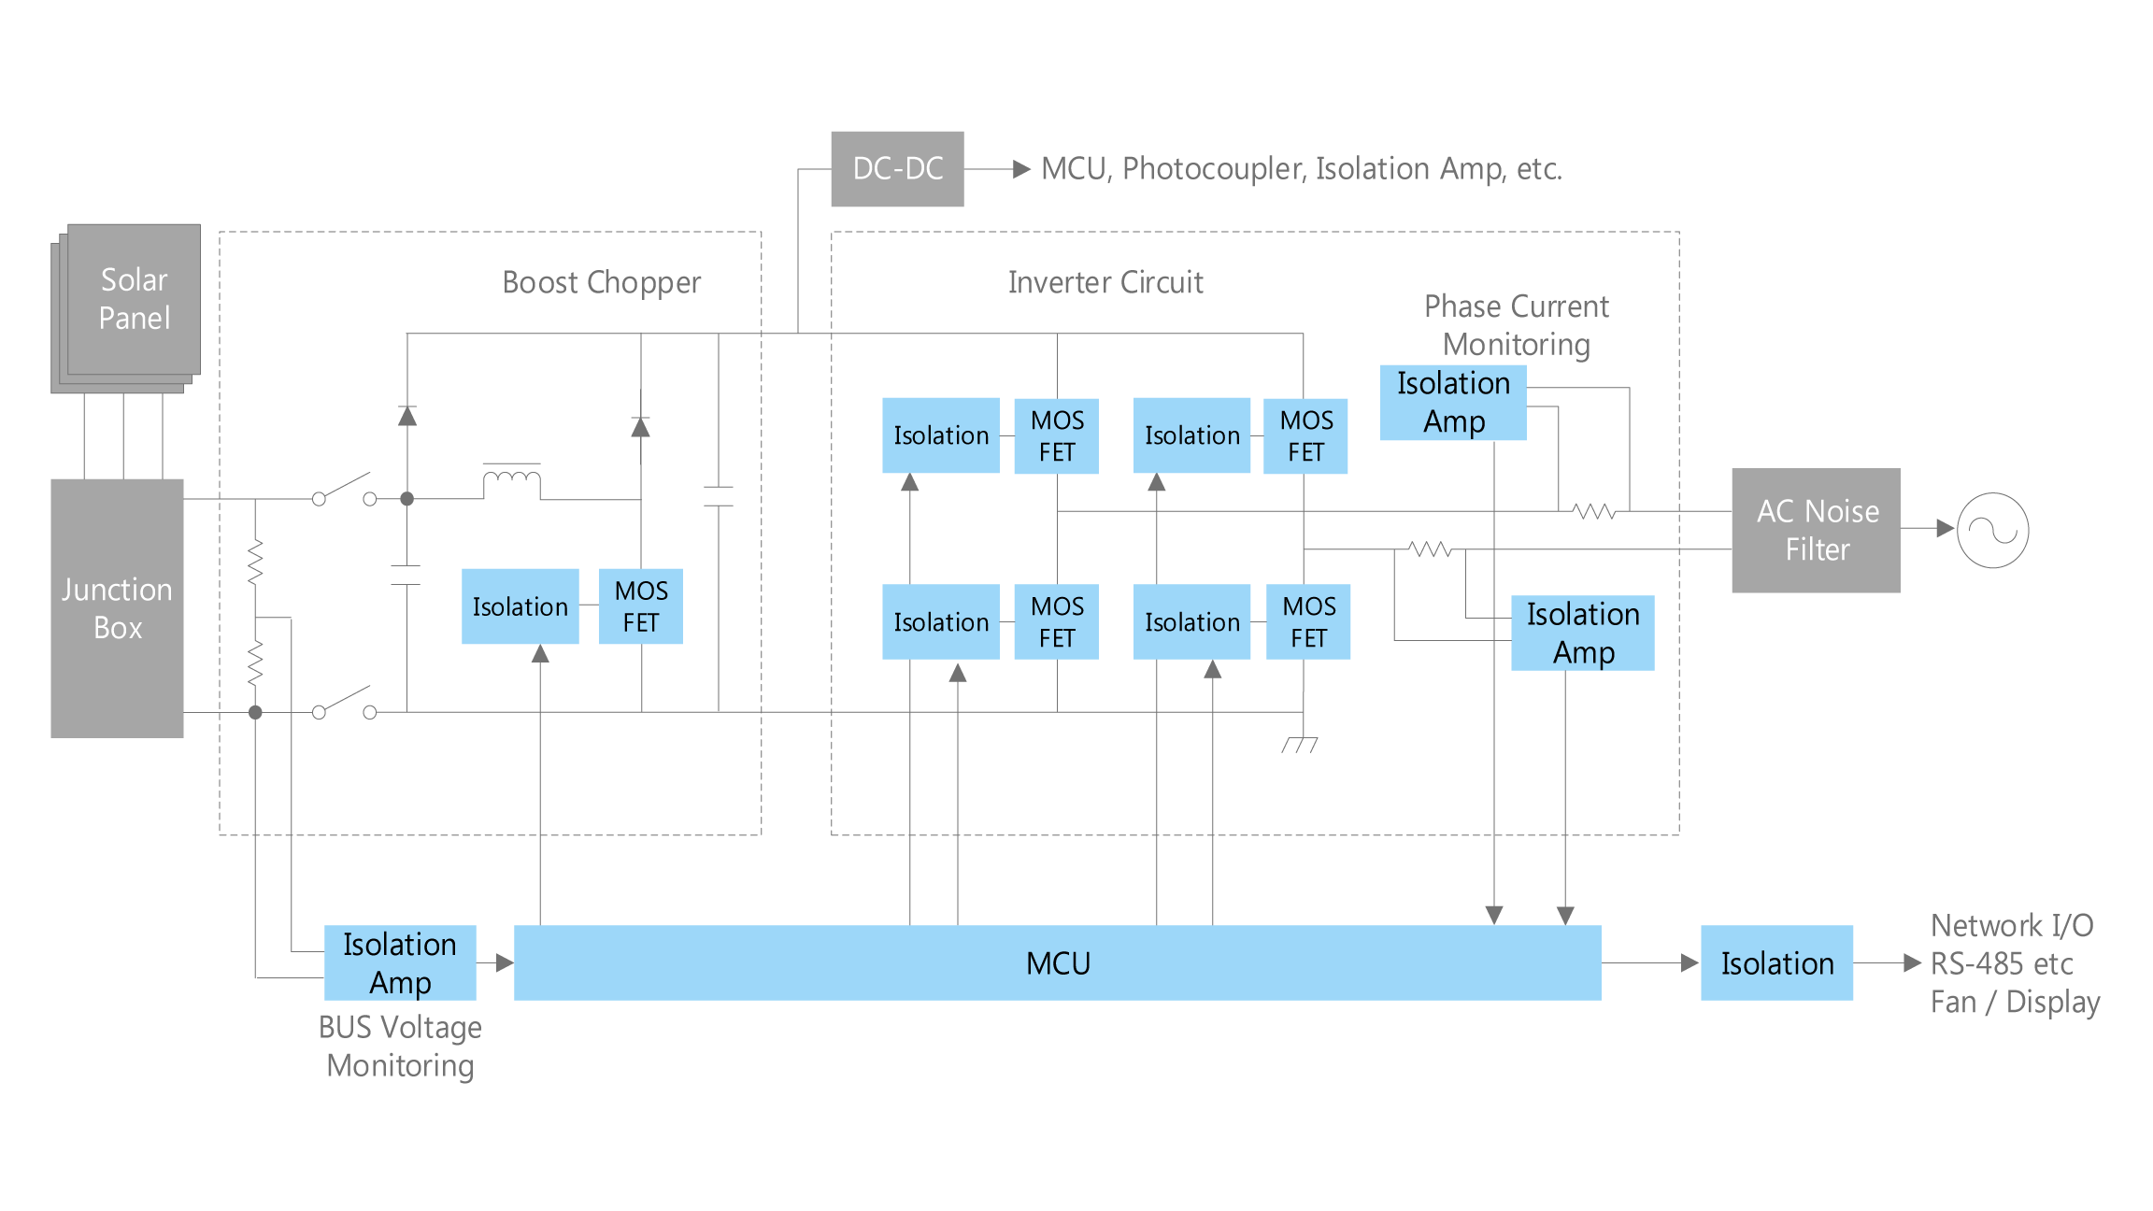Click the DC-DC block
coord(897,169)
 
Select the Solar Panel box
coord(134,299)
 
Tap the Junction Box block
coord(117,608)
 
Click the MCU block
coord(1057,963)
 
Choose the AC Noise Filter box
coord(1816,531)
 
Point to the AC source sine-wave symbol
coord(1992,531)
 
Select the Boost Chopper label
coord(602,282)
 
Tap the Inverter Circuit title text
coord(1105,282)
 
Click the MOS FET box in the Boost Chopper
coord(641,606)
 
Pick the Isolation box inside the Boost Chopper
coord(520,606)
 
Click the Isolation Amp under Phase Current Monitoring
coord(1453,403)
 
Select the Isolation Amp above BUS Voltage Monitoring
coord(400,963)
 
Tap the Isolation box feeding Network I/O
coord(1776,963)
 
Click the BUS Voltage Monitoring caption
coord(400,1047)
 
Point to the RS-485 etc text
coord(2002,963)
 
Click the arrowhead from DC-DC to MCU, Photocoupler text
coord(1022,169)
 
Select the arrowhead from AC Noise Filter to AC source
coord(1945,529)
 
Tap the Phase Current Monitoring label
coord(1516,325)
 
